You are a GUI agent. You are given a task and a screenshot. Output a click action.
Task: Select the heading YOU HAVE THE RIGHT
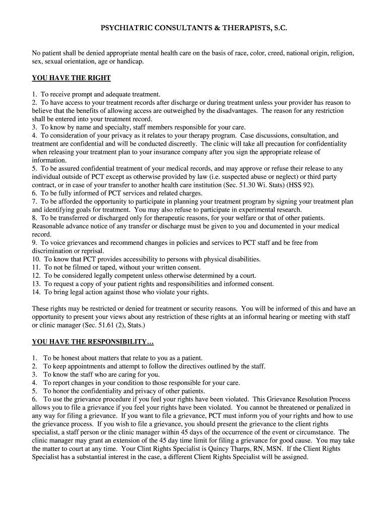coord(71,78)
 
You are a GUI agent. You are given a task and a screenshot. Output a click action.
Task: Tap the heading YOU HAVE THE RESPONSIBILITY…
coord(93,342)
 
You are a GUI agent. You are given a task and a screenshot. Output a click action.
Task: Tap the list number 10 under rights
coord(36,259)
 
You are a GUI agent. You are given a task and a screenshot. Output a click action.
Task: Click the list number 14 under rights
coord(36,292)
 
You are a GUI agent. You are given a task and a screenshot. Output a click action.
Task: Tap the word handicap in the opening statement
coord(131,61)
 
